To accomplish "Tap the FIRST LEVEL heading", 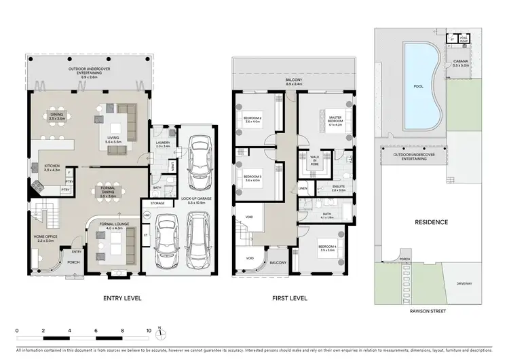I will (x=289, y=298).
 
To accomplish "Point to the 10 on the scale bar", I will (x=149, y=331).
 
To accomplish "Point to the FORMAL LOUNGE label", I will (x=112, y=225).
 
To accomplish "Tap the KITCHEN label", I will (x=52, y=167).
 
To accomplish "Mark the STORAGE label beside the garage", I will (x=158, y=202).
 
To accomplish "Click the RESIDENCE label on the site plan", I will (x=431, y=222).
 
